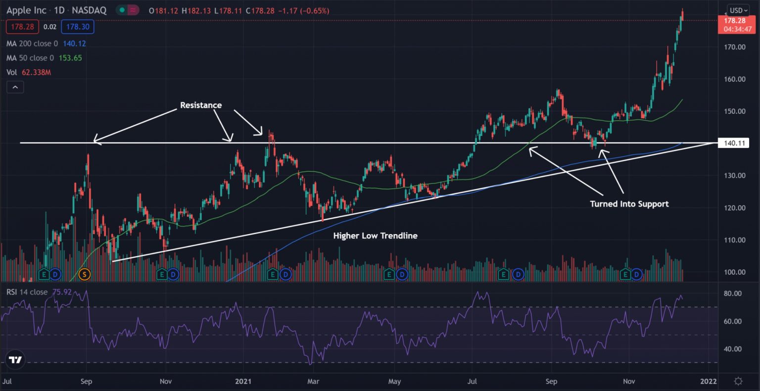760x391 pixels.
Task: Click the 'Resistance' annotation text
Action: click(200, 105)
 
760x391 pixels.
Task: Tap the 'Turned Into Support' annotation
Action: click(629, 204)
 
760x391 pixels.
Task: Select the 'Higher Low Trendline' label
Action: click(375, 236)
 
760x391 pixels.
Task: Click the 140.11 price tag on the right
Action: click(734, 144)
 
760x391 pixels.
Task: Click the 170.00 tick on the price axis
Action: click(734, 47)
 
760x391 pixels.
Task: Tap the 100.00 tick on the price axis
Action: click(734, 272)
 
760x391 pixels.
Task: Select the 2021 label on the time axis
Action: click(243, 381)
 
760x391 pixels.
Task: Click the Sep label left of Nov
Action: click(86, 381)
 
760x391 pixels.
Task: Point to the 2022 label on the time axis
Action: click(709, 381)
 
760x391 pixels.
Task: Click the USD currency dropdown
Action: click(738, 10)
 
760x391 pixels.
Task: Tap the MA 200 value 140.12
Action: click(74, 44)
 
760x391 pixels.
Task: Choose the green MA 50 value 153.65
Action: click(70, 58)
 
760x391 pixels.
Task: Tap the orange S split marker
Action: click(85, 274)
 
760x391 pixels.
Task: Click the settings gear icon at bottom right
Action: click(738, 381)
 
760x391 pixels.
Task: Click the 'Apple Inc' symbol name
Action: click(26, 10)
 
